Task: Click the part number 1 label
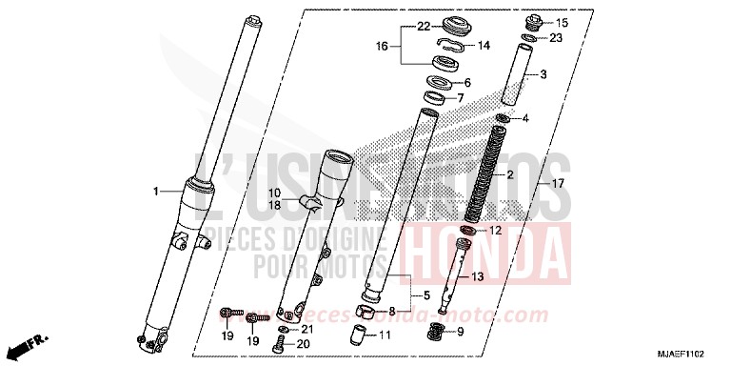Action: (155, 192)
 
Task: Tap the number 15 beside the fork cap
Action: (561, 22)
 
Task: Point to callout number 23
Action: (557, 38)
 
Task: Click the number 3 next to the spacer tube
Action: (543, 74)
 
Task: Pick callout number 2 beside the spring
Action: (537, 175)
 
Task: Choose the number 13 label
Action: (478, 276)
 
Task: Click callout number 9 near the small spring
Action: (461, 331)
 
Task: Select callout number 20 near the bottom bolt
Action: (305, 344)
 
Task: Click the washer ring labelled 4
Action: (504, 119)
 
